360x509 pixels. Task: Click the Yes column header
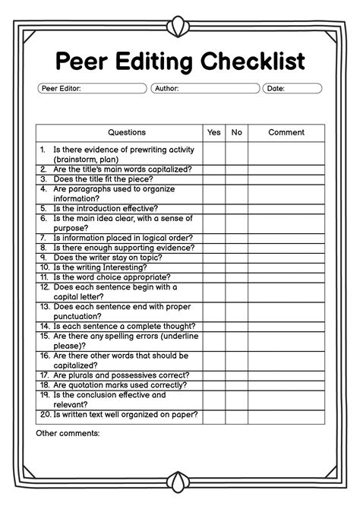tap(214, 132)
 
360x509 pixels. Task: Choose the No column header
tap(237, 132)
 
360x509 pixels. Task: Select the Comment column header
tap(286, 132)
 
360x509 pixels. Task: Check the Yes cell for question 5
tap(214, 207)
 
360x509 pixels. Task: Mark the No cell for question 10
tap(237, 267)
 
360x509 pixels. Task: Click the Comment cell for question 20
tap(286, 415)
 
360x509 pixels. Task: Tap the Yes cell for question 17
tap(214, 375)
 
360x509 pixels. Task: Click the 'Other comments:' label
tap(68, 433)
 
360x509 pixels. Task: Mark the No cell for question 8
tap(237, 248)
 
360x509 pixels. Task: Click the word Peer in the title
tap(85, 61)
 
